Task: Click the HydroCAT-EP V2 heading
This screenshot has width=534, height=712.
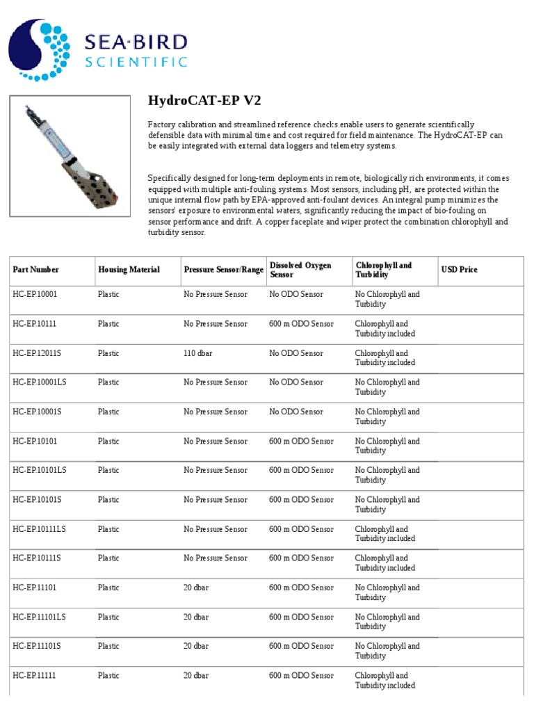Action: click(x=204, y=101)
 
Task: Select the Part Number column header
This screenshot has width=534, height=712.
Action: click(x=36, y=270)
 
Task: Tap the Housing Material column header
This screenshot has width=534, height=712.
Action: click(x=129, y=270)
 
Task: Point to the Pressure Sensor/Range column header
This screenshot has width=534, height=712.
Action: click(x=224, y=270)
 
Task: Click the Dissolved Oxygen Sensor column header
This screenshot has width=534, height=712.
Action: click(x=300, y=270)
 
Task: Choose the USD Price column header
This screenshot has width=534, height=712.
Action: click(x=460, y=270)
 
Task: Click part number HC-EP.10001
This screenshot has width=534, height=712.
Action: click(x=35, y=295)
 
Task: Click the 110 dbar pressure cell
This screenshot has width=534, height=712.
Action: click(x=198, y=353)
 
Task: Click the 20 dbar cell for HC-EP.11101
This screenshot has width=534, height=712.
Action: click(x=196, y=588)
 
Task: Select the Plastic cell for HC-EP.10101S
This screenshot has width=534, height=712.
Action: click(x=108, y=500)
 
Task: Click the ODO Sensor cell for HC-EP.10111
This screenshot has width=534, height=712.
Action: click(x=301, y=324)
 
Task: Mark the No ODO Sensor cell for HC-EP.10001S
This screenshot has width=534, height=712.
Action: click(x=296, y=412)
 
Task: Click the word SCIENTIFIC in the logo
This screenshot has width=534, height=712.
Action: click(x=136, y=62)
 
